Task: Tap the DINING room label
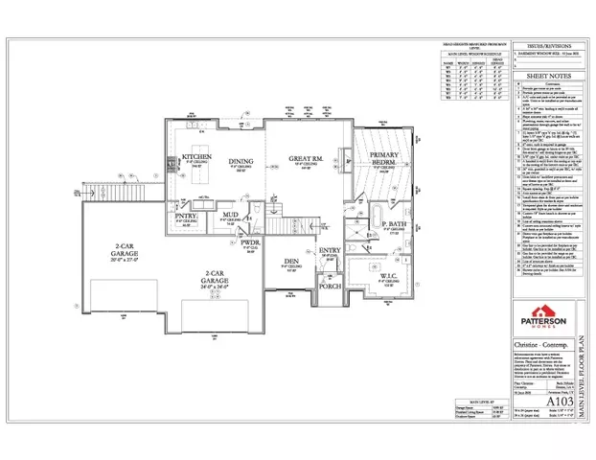tap(239, 162)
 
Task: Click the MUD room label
tap(230, 215)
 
